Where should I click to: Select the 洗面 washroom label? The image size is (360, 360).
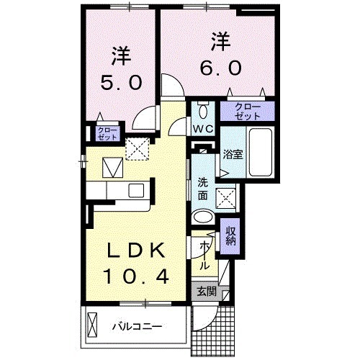coord(203,189)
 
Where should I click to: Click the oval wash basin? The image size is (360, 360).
coord(204,217)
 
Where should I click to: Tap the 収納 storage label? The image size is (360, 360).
coord(231,236)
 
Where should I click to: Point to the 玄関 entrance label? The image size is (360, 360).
coord(206,292)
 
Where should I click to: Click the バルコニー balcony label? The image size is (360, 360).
coord(137,326)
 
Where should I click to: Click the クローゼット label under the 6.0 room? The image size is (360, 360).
coord(247,111)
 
